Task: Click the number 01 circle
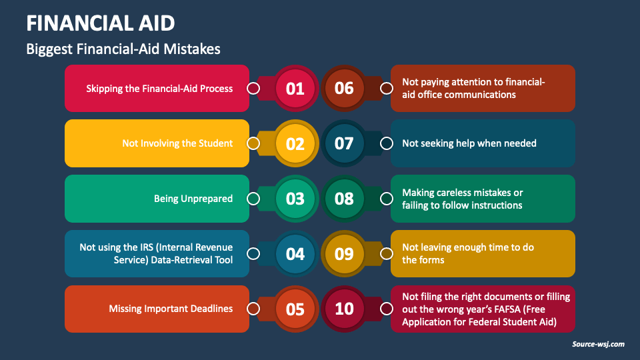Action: pyautogui.click(x=295, y=88)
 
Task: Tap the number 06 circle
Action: pyautogui.click(x=344, y=88)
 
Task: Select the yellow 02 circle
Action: pyautogui.click(x=295, y=143)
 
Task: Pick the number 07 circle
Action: pyautogui.click(x=344, y=143)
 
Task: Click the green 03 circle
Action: pyautogui.click(x=295, y=199)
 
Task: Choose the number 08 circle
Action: pyautogui.click(x=344, y=199)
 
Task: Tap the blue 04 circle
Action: pyautogui.click(x=295, y=254)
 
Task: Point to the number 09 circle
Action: pyautogui.click(x=344, y=254)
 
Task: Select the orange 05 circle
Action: pyautogui.click(x=295, y=309)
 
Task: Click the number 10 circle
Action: pyautogui.click(x=344, y=309)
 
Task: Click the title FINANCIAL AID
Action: pyautogui.click(x=101, y=23)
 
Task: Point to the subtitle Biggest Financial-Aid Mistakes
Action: pyautogui.click(x=123, y=49)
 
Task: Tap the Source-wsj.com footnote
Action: pyautogui.click(x=598, y=344)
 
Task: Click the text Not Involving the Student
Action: pyautogui.click(x=177, y=143)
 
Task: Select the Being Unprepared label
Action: pyautogui.click(x=193, y=199)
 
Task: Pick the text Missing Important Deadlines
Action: pyautogui.click(x=171, y=309)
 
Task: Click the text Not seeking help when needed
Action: pyautogui.click(x=469, y=143)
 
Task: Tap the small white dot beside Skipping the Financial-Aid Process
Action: pyautogui.click(x=253, y=88)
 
